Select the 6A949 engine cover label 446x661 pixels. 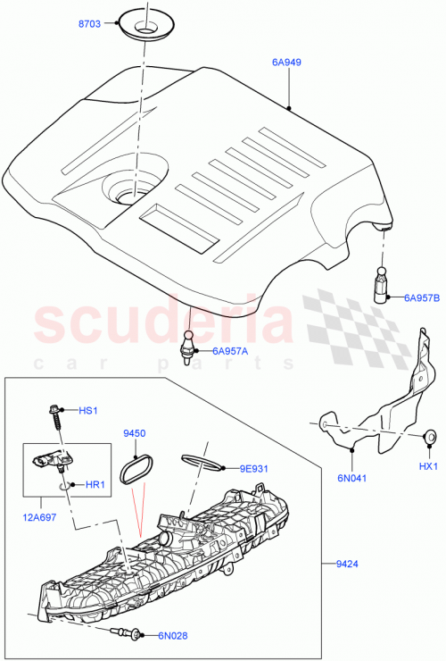click(x=288, y=63)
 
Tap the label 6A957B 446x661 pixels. click(x=422, y=297)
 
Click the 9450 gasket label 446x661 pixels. click(x=134, y=433)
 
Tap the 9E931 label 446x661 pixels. click(x=254, y=467)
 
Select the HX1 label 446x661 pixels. click(x=429, y=465)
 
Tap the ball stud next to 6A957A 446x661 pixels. click(x=190, y=344)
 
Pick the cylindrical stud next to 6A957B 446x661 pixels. click(x=380, y=285)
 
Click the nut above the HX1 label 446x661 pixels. click(x=429, y=437)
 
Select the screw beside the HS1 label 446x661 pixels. click(x=54, y=418)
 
